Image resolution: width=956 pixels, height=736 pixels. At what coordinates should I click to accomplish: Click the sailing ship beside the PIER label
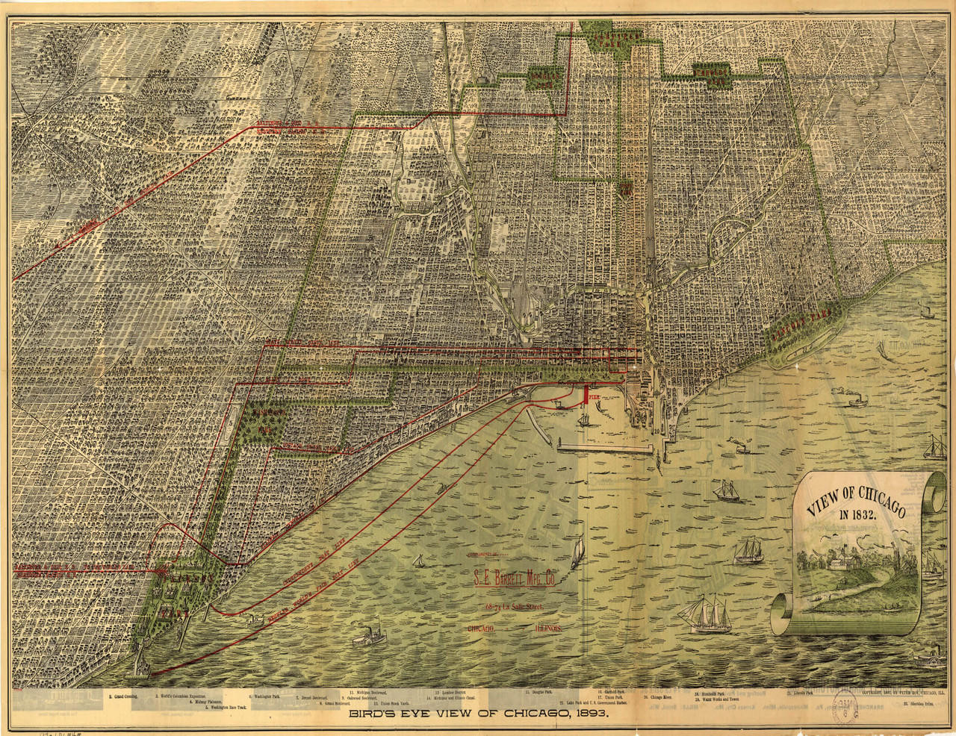pos(583,417)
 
